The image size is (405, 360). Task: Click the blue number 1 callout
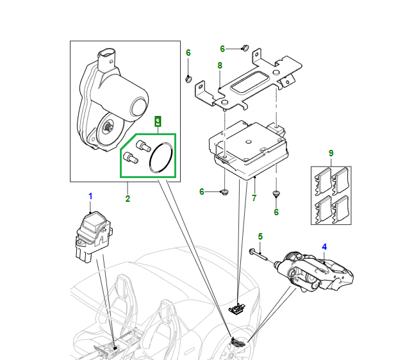pyautogui.click(x=90, y=195)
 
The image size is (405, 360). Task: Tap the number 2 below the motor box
pyautogui.click(x=128, y=199)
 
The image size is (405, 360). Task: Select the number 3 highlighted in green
pyautogui.click(x=158, y=120)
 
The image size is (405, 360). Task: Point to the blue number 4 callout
pyautogui.click(x=324, y=247)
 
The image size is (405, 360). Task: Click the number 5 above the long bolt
pyautogui.click(x=260, y=237)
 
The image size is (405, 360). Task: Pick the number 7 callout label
pyautogui.click(x=254, y=198)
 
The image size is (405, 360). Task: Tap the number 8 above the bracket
pyautogui.click(x=219, y=65)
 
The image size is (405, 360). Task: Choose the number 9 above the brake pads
pyautogui.click(x=331, y=154)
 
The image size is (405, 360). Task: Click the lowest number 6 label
pyautogui.click(x=276, y=212)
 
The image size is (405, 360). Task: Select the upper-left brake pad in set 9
pyautogui.click(x=322, y=182)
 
